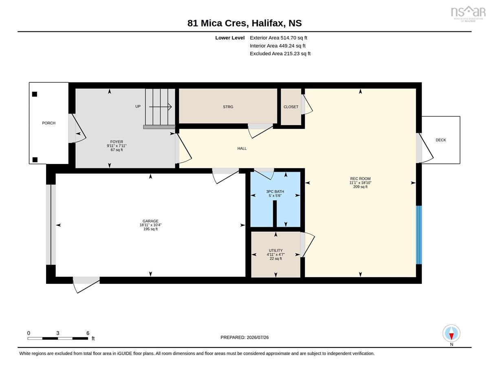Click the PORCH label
(48, 123)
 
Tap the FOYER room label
(117, 141)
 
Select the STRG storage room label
(228, 107)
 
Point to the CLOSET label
(291, 107)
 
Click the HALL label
(242, 148)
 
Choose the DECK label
(441, 140)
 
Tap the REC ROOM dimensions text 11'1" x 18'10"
(360, 183)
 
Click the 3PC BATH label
(275, 192)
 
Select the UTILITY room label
(275, 250)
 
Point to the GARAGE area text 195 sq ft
(150, 229)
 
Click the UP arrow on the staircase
(160, 107)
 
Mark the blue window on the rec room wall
(419, 234)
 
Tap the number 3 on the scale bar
(58, 333)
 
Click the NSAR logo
(468, 14)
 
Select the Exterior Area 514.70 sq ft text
(278, 38)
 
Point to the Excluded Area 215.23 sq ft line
(280, 53)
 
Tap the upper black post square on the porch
(34, 94)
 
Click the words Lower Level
(230, 38)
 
